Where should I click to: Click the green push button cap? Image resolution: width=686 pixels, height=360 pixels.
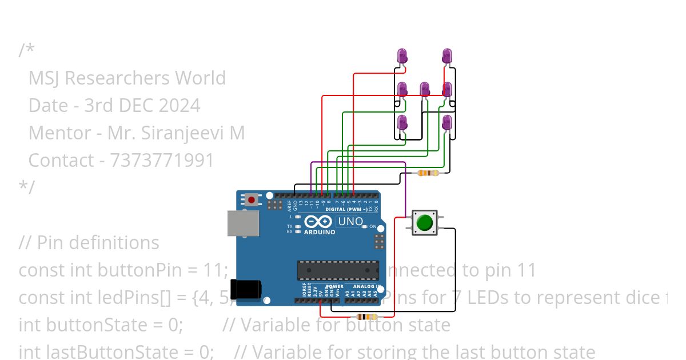click(x=424, y=222)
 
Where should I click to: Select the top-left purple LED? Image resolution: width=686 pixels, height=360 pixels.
click(x=402, y=56)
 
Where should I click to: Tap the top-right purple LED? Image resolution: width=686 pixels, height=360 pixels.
click(x=447, y=56)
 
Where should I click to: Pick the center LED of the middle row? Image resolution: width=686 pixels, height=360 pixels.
click(x=425, y=89)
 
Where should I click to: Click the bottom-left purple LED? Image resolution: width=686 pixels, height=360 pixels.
click(x=402, y=122)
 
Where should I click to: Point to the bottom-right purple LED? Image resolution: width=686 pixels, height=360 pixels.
click(x=447, y=122)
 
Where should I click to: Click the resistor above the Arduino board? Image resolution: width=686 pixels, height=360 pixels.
click(x=428, y=173)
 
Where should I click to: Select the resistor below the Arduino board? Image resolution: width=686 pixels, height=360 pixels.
click(x=366, y=317)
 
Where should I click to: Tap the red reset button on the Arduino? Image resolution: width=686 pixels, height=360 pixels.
click(x=251, y=200)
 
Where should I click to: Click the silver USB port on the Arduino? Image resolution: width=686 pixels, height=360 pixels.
click(x=242, y=223)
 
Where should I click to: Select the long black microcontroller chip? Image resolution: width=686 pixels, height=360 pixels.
click(x=337, y=270)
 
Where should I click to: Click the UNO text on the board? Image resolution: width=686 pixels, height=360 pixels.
click(x=350, y=221)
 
